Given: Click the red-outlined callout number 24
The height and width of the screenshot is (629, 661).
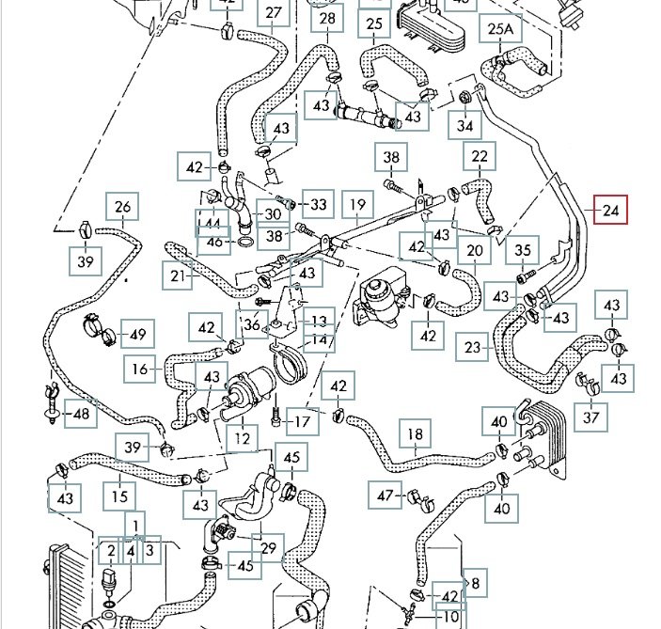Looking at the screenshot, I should (x=610, y=211).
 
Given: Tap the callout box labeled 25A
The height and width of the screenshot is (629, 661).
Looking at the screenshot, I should (x=502, y=30).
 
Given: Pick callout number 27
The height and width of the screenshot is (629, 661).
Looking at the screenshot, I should (x=273, y=13).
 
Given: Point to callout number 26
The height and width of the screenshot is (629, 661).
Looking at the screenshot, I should (x=123, y=208).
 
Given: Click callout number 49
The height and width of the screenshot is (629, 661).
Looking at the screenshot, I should (x=138, y=334).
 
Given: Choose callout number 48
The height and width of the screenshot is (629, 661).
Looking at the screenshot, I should (x=83, y=413).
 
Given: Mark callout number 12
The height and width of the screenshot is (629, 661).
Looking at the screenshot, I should (x=244, y=437).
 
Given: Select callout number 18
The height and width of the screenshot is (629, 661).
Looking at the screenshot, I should (x=415, y=435).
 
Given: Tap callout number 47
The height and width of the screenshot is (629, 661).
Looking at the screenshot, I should (x=386, y=495).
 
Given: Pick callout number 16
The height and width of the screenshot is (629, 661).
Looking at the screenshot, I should (x=140, y=369).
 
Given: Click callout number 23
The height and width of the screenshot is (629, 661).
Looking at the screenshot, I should (x=473, y=347).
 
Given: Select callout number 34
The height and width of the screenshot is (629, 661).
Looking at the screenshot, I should (x=464, y=126).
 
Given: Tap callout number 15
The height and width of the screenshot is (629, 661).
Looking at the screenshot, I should (x=120, y=496).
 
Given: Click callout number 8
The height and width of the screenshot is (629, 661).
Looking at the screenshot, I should (x=476, y=584).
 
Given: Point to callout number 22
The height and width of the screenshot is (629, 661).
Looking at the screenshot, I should (x=480, y=157).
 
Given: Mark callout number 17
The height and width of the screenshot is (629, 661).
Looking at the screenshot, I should (x=301, y=422).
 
